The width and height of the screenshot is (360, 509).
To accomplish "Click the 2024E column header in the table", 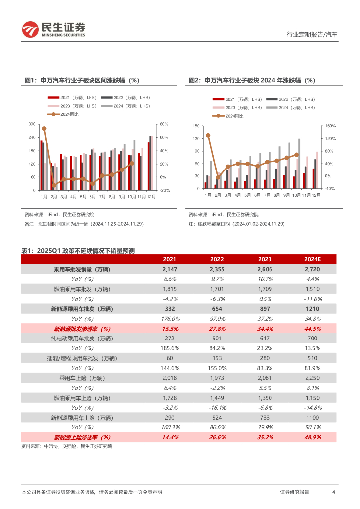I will click(x=313, y=259).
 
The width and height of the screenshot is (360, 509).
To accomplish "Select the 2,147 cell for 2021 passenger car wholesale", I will click(x=170, y=269).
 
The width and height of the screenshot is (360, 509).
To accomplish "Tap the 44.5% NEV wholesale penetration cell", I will click(x=313, y=329).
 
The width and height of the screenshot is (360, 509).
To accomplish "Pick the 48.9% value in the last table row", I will click(x=313, y=437).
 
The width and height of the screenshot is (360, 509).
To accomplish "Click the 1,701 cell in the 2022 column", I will click(x=217, y=289).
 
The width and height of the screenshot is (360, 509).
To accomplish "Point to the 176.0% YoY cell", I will click(x=170, y=319).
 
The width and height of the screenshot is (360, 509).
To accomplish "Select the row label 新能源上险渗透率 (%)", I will click(x=82, y=437).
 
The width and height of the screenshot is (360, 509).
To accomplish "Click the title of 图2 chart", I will click(x=252, y=80).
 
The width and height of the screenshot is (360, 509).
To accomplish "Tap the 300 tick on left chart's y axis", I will click(x=32, y=124).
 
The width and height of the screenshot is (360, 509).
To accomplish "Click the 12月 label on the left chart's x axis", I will click(x=151, y=197).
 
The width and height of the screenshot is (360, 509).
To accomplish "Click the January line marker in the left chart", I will click(x=44, y=128).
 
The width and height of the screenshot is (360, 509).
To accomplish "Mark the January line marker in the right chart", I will click(x=208, y=135).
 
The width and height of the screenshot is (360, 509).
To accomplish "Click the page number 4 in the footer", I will click(x=333, y=492).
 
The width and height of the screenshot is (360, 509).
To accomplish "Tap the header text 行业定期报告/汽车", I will click(x=312, y=35).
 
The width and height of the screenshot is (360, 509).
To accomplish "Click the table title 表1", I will click(x=78, y=251).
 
